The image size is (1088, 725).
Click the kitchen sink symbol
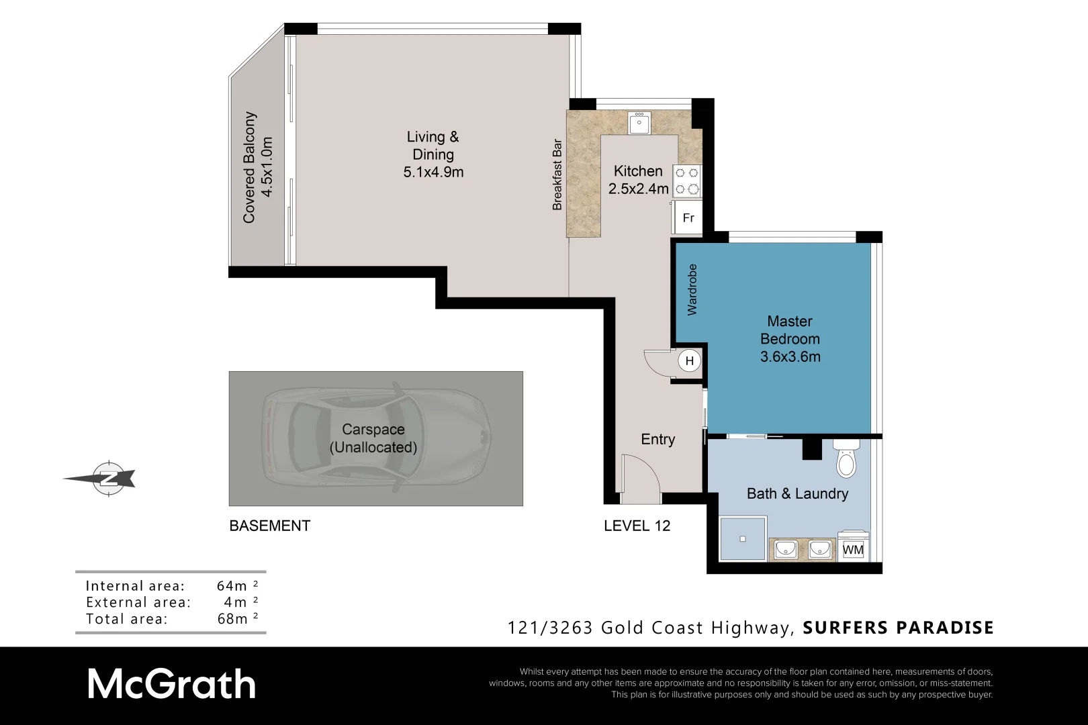click(639, 124)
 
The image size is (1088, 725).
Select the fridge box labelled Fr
click(688, 217)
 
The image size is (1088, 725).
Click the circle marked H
click(689, 361)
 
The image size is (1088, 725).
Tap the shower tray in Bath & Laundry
click(743, 538)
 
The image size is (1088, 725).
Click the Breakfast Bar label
click(557, 175)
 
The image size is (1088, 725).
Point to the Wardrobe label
click(692, 289)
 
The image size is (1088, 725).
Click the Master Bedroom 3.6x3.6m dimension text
click(790, 356)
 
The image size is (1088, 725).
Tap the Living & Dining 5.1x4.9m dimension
click(433, 172)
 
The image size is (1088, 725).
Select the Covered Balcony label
click(249, 167)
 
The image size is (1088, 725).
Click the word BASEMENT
click(269, 526)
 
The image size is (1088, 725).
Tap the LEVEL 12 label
click(637, 526)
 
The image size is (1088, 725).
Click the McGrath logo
click(171, 685)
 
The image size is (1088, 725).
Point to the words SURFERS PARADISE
click(898, 628)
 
